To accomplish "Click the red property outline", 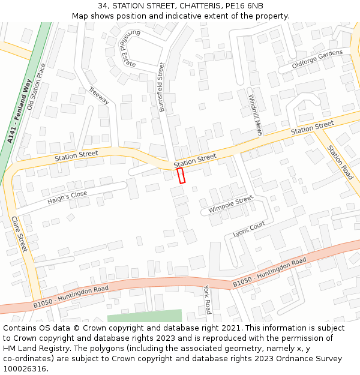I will pyautogui.click(x=181, y=175).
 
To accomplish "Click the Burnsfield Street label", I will pyautogui.click(x=161, y=86).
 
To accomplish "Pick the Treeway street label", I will pyautogui.click(x=98, y=96).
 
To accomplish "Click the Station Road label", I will pyautogui.click(x=340, y=161).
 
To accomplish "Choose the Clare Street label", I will pyautogui.click(x=20, y=234).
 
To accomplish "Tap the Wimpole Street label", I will pyautogui.click(x=230, y=205).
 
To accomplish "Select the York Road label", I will pyautogui.click(x=208, y=299).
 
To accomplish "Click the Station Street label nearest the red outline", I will pyautogui.click(x=195, y=160).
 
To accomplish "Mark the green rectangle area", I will pyautogui.click(x=144, y=316).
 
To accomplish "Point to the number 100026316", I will pyautogui.click(x=25, y=368).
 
